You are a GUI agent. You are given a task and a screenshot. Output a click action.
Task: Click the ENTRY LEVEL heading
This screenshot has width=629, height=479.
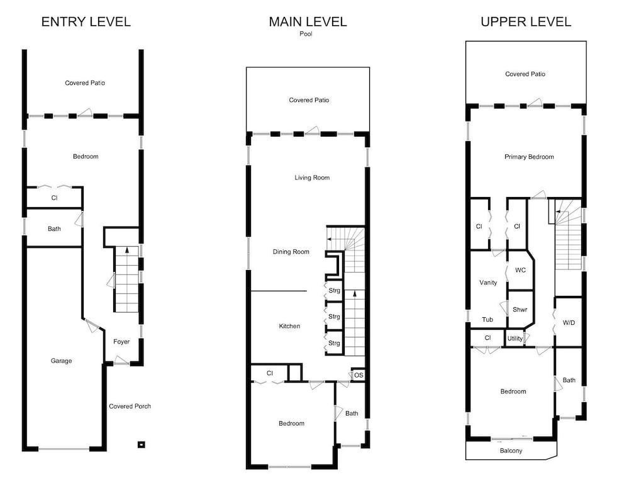click(86, 21)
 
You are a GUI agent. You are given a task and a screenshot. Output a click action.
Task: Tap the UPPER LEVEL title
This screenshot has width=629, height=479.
click(526, 21)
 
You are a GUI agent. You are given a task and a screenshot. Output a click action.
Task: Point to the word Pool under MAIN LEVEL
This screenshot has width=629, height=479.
click(306, 34)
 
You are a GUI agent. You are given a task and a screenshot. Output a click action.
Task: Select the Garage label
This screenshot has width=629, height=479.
click(62, 361)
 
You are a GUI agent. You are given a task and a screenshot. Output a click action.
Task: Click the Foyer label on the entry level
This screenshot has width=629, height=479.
click(121, 341)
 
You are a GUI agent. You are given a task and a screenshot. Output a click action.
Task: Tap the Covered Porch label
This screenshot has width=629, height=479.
click(130, 406)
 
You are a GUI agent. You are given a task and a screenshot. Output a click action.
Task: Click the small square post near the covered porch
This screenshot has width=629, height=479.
click(141, 444)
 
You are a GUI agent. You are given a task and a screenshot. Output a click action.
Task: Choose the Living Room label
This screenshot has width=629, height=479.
click(312, 178)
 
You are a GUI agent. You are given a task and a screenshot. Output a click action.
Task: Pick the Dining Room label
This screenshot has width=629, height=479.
click(291, 252)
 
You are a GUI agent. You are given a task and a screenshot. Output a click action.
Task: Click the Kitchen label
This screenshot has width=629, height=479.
click(289, 326)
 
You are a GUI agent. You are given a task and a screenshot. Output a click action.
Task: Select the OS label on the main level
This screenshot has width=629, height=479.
click(359, 375)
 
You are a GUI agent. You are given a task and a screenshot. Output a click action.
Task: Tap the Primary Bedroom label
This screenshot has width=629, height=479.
click(529, 157)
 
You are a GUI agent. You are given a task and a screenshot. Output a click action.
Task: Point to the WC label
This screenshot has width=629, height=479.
click(520, 270)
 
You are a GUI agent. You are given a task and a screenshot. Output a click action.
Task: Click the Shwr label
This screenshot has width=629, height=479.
click(520, 309)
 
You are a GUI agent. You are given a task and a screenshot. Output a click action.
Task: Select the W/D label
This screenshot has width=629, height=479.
click(569, 322)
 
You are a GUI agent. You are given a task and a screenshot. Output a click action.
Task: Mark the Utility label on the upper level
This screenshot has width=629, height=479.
click(515, 339)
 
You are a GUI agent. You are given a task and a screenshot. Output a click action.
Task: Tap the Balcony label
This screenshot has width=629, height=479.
click(511, 451)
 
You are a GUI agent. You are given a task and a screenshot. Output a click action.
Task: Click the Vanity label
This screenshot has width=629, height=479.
click(488, 282)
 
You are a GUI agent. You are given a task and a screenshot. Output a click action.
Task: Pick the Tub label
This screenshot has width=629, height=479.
click(487, 319)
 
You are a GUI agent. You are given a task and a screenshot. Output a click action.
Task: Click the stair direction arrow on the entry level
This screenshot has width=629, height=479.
click(127, 250)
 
